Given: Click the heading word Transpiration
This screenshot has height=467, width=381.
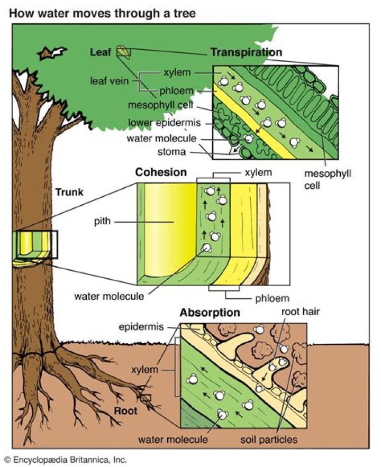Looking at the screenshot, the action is [x=247, y=52].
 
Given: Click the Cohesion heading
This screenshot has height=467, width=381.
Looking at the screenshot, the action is [x=161, y=172].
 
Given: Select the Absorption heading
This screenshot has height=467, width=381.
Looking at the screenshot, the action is [x=210, y=313].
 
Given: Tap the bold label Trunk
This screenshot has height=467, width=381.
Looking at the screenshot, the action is [x=69, y=192].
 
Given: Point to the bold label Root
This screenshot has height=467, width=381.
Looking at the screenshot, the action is [x=126, y=411].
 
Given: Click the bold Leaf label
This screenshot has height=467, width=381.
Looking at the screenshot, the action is [x=101, y=52].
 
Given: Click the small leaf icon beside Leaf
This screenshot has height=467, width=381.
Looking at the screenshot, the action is [x=123, y=52].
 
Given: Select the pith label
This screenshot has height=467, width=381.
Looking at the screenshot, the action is [x=103, y=221].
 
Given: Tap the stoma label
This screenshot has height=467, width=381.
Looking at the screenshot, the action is [x=171, y=152].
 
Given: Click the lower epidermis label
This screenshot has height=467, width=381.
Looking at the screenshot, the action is [x=165, y=123].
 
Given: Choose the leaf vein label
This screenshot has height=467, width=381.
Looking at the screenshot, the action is [x=110, y=81].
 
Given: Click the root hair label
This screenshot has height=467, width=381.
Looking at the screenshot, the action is [x=300, y=312].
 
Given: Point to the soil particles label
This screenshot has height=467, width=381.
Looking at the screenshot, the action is [x=269, y=439].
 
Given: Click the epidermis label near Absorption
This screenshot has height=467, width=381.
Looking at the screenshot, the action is [x=141, y=327].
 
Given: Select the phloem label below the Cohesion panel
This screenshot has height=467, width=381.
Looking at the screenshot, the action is [x=273, y=298].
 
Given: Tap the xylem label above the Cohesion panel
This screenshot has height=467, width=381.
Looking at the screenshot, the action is [x=258, y=172].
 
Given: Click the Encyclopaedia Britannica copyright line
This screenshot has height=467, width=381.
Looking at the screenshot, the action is [x=66, y=460].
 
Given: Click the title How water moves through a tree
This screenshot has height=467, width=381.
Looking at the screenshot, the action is [x=102, y=13].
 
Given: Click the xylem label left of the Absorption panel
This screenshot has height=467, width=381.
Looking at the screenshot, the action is [x=144, y=370].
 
